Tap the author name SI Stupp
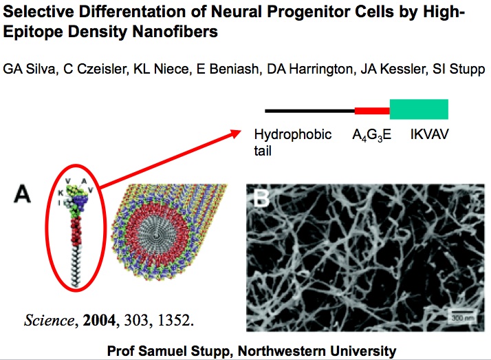click(x=459, y=69)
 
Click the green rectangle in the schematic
click(x=419, y=109)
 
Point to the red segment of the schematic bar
click(x=372, y=111)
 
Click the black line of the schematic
click(x=310, y=111)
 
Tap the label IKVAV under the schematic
click(x=429, y=134)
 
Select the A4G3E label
click(x=372, y=135)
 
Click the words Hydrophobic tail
click(x=292, y=142)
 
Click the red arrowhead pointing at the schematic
click(x=235, y=134)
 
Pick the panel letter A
click(x=22, y=194)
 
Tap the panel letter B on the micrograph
click(x=261, y=198)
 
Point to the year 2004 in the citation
click(x=99, y=320)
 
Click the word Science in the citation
click(x=49, y=320)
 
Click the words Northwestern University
click(x=317, y=351)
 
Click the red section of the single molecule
click(x=76, y=231)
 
